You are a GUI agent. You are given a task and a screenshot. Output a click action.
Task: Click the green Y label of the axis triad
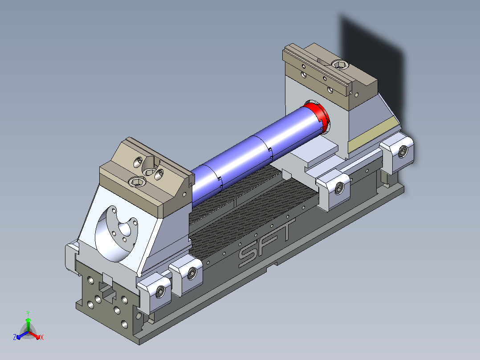(x=28, y=313)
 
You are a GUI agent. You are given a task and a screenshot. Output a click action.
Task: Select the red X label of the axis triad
(x=42, y=337)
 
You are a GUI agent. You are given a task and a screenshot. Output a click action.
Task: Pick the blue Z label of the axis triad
(x=14, y=337)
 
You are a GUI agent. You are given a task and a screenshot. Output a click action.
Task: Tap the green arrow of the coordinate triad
(x=28, y=325)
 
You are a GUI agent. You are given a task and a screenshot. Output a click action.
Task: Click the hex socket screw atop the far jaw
(x=340, y=65)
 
